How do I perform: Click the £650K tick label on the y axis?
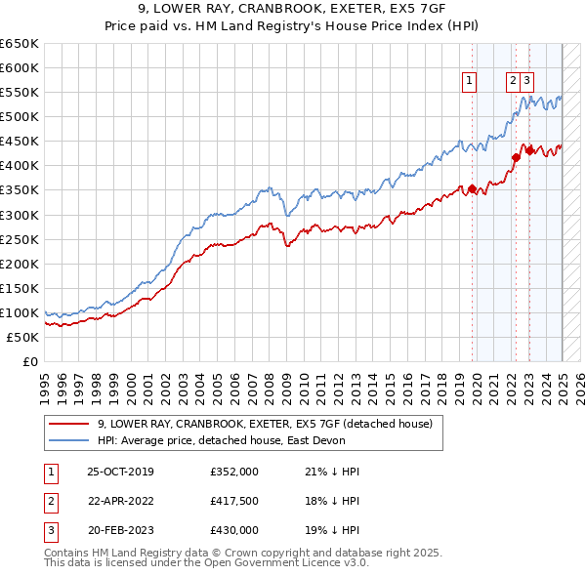click(x=20, y=44)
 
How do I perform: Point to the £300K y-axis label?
click(x=20, y=215)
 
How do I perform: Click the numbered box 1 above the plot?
click(x=470, y=82)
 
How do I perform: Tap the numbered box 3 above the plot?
click(x=527, y=82)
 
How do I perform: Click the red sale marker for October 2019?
click(x=473, y=188)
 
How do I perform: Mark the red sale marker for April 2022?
click(x=517, y=156)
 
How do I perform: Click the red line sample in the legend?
click(x=69, y=424)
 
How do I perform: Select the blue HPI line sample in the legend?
click(x=69, y=440)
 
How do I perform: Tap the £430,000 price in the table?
click(x=234, y=531)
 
